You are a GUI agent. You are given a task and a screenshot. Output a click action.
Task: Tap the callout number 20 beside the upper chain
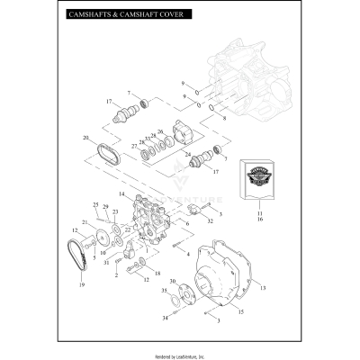85,138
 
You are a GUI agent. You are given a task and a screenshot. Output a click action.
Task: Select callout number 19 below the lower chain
81,285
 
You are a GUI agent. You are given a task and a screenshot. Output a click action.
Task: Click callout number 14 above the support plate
121,194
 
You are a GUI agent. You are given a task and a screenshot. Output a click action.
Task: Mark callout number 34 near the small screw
164,319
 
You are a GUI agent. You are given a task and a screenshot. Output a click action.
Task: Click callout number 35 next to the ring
164,292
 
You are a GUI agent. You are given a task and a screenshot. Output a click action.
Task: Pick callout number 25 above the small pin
96,206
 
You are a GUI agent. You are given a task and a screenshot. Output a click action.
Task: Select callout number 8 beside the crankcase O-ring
223,118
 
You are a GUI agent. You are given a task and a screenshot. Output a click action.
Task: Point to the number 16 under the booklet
259,219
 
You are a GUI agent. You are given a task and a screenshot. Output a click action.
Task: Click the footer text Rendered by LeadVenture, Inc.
179,354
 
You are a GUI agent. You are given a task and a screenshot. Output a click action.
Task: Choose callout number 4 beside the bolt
187,255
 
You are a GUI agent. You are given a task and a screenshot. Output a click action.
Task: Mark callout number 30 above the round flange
173,282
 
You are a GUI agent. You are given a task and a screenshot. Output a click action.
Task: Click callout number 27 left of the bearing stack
134,145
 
